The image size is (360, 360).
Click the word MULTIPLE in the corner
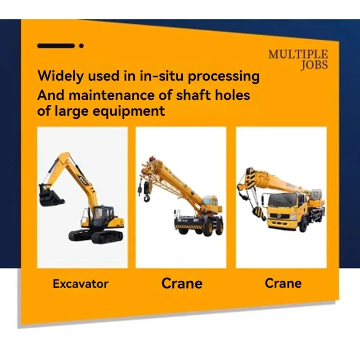point(298,54)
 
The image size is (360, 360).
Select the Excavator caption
point(81,284)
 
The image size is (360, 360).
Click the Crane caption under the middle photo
point(182,283)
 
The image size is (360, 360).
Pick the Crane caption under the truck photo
point(283,283)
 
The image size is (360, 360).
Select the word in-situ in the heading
point(160,76)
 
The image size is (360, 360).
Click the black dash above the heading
point(55,45)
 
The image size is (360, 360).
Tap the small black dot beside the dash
point(81,45)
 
